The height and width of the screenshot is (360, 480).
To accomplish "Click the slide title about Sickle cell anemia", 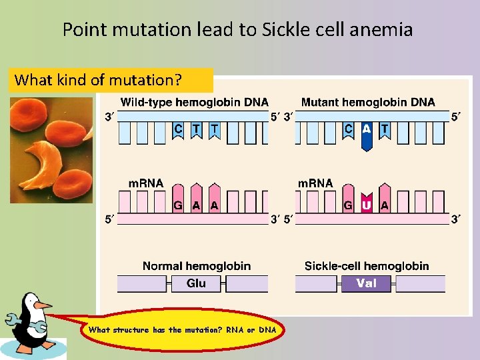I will tap(237, 29).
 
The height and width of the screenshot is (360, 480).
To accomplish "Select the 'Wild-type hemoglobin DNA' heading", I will tap(194, 102).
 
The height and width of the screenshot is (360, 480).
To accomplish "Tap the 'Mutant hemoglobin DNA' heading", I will tap(368, 102).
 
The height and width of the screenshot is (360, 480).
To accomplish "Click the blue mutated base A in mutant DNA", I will tap(366, 134).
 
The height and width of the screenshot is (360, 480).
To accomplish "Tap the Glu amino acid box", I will tap(196, 283).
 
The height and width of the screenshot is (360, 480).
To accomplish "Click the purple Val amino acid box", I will tap(366, 283).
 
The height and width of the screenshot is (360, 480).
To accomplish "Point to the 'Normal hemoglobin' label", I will tap(196, 266).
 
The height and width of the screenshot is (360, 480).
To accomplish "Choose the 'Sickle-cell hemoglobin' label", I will tap(367, 266).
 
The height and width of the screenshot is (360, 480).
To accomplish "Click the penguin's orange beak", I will tap(43, 305).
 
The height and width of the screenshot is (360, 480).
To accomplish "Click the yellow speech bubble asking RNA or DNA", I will tap(182, 329).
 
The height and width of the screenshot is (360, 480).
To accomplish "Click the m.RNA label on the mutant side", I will tap(315, 183).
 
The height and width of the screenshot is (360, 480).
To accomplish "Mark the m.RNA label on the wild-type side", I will tap(145, 183).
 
